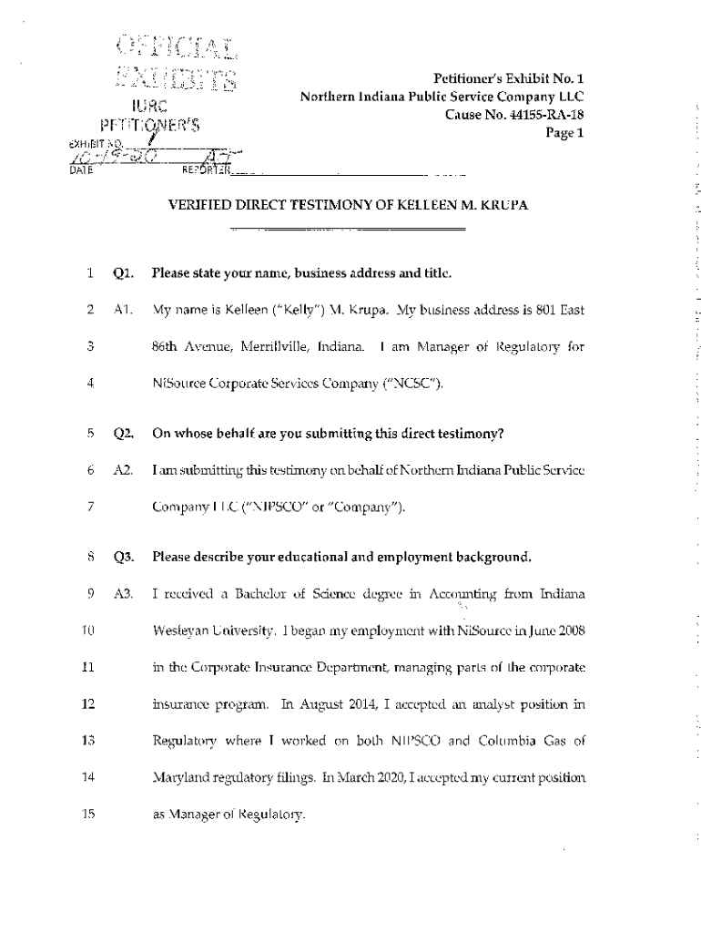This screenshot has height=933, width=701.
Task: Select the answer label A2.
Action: [x=124, y=470]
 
